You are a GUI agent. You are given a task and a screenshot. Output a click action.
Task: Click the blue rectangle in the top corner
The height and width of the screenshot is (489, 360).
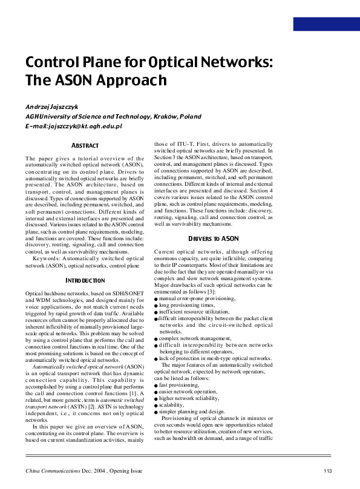tap(326, 24)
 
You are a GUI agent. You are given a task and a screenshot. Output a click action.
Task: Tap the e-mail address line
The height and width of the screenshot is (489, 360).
tap(74, 126)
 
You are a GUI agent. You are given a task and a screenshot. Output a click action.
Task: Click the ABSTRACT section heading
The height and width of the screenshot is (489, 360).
tap(85, 146)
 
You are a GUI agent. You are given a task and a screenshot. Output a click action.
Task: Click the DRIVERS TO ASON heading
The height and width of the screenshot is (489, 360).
tap(214, 239)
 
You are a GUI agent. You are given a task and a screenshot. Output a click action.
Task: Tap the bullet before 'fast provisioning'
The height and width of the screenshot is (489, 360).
tap(156, 386)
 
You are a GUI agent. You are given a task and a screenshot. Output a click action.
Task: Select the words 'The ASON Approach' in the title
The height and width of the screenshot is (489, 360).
tap(95, 80)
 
